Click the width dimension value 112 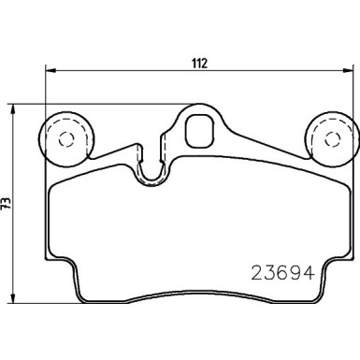pos(199,64)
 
